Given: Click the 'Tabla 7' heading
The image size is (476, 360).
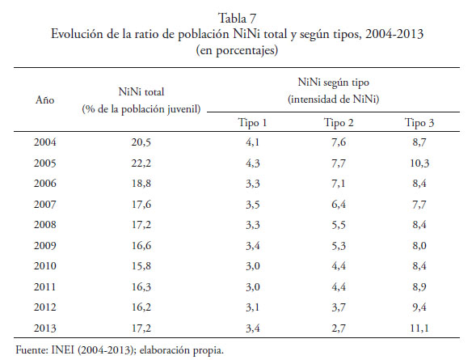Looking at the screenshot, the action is tap(237, 19).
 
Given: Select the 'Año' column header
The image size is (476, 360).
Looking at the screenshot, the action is tap(45, 100).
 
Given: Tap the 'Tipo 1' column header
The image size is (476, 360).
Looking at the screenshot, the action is tap(252, 123).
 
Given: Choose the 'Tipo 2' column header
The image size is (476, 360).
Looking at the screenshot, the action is tap(339, 123).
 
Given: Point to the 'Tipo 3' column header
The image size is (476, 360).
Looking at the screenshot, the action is tap(419, 123).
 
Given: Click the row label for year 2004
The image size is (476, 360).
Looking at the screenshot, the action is tap(45, 142).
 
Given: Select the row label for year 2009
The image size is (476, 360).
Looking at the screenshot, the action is tap(45, 245).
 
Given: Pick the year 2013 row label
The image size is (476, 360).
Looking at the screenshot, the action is tap(45, 328).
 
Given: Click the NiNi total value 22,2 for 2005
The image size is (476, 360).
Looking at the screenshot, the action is tap(141, 163).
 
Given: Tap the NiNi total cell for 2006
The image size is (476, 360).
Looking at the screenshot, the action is tap(141, 184).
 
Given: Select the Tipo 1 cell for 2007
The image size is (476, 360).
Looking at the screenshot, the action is tap(253, 205).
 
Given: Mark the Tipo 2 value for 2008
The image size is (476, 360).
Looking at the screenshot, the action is tap(339, 225).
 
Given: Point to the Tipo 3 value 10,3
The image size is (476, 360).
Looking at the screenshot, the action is tap(419, 163).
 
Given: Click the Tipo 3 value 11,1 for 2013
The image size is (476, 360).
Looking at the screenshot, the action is tap(419, 328).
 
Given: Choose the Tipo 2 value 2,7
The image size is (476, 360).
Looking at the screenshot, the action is tap(339, 328).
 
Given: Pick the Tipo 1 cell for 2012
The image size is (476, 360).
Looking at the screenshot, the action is tap(253, 307).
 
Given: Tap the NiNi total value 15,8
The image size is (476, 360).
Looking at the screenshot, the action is tap(141, 266).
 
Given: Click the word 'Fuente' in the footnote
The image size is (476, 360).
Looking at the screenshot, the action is tap(32, 350).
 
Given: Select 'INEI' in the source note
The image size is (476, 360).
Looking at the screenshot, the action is tap(62, 350).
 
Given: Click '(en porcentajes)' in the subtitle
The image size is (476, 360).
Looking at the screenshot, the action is tap(237, 50).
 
